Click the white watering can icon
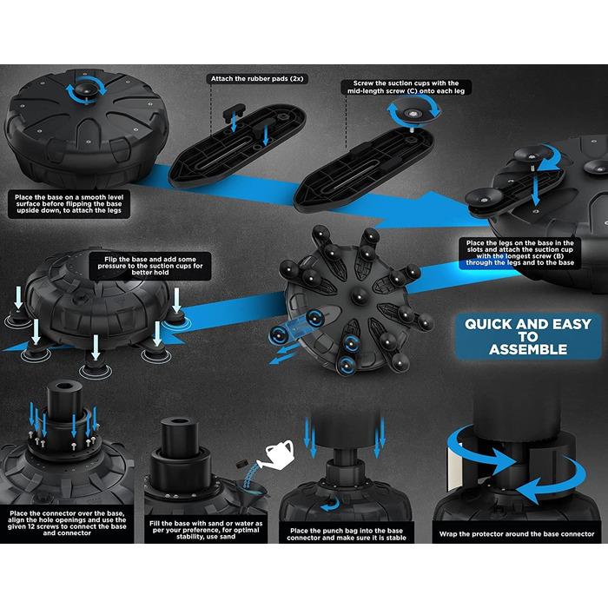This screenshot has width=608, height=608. click(x=280, y=453)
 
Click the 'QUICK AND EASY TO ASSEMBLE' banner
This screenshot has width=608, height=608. click(x=528, y=337)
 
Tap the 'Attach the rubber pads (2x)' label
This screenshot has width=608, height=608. click(x=257, y=79)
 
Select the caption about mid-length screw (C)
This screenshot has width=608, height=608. click(x=406, y=87)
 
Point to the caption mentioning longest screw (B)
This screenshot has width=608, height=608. click(x=519, y=253)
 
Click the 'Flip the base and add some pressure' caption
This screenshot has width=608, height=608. click(x=150, y=266)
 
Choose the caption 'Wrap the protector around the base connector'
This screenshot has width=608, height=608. click(x=517, y=534)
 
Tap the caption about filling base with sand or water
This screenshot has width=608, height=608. click(x=206, y=530)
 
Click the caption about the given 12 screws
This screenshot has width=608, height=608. click(x=67, y=524)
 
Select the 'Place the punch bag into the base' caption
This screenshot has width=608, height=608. click(x=347, y=534)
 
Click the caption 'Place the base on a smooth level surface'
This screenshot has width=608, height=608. click(x=69, y=204)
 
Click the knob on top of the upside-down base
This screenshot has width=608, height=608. click(x=86, y=89)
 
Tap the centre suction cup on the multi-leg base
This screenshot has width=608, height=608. click(x=360, y=297)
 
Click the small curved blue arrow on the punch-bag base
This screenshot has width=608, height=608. click(x=330, y=505)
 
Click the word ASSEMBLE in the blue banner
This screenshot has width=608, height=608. click(x=528, y=349)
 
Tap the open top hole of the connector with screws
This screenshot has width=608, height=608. click(x=64, y=387)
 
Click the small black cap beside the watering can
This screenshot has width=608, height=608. click(x=242, y=464)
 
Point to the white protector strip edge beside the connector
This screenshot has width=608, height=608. click(x=453, y=466)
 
